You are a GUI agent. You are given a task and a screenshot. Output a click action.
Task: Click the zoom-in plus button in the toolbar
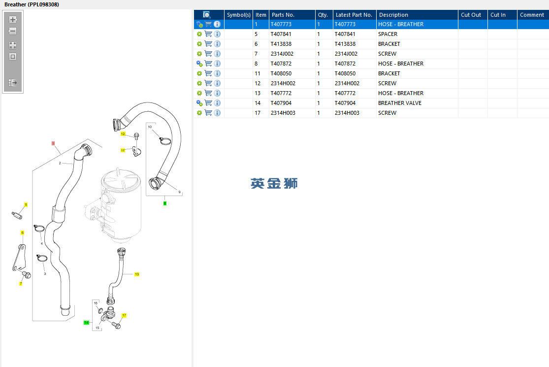13,20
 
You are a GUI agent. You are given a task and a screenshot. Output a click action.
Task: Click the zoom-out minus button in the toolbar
13,31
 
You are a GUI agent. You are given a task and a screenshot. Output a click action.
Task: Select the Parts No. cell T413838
281,44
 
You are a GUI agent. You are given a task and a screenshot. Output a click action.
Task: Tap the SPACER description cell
388,34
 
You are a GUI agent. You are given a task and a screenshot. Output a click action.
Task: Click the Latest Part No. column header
354,15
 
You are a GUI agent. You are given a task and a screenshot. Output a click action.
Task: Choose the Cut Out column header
471,15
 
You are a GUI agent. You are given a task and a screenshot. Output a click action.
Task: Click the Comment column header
532,15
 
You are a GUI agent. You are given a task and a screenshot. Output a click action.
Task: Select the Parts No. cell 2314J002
282,54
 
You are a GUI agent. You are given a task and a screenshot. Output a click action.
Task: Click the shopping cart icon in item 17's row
208,113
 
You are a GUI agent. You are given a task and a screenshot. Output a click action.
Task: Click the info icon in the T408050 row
217,73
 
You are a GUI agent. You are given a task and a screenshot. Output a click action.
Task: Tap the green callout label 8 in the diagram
165,203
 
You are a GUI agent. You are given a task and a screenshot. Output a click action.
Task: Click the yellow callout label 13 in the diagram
137,274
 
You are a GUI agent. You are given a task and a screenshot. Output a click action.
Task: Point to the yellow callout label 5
26,205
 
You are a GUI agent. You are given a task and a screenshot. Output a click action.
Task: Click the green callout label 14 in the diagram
87,323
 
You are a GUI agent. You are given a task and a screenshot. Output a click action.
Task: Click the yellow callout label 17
124,316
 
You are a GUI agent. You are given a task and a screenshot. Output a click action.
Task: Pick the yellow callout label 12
123,134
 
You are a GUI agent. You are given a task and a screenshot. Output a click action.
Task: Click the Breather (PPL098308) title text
32,4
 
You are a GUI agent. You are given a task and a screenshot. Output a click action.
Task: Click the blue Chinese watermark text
274,183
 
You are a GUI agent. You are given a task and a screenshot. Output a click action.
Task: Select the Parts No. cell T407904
281,103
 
